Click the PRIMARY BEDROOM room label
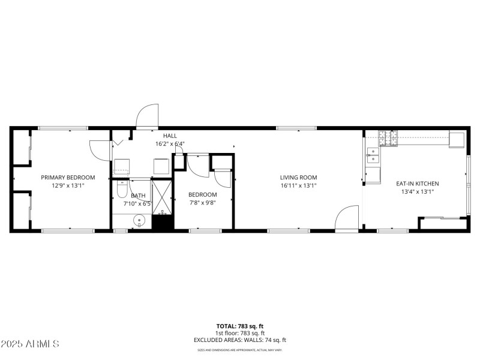coord(68,177)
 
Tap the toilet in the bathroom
coord(122,190)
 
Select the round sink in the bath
coord(140,221)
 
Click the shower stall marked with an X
coord(161,196)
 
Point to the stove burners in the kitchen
coord(388,139)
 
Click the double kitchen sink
coord(373,155)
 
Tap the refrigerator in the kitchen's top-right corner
coord(457,139)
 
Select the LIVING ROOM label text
coord(298,177)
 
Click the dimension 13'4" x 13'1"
coord(417,192)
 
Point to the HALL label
coord(170,136)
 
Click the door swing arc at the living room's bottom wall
coord(347,218)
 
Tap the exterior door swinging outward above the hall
coord(148,116)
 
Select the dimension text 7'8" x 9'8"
coord(202,203)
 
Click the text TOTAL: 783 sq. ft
coord(239,326)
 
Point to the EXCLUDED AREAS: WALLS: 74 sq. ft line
coord(239,340)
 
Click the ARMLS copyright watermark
coord(30,344)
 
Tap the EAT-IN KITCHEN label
coord(417,184)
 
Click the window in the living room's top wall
coord(296,128)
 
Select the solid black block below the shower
coord(161,223)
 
